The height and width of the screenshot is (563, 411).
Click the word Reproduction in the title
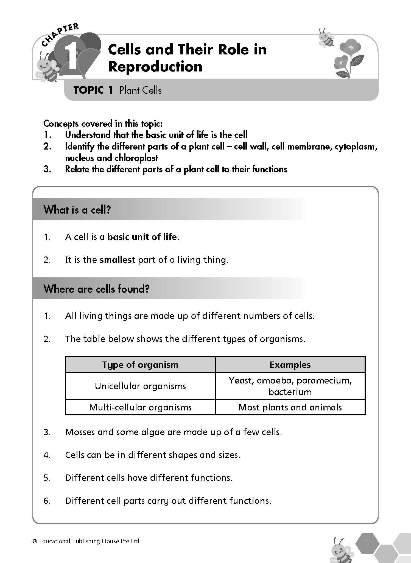[155, 67]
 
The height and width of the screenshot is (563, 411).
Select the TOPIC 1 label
[93, 90]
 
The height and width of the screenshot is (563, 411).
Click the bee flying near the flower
[326, 38]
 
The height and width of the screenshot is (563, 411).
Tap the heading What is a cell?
[77, 210]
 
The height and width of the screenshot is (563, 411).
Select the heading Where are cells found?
[96, 289]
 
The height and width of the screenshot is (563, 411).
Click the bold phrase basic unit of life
[142, 237]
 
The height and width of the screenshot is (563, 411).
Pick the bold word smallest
[117, 260]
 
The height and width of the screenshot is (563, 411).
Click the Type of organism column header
[140, 365]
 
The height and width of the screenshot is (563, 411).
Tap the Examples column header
[290, 365]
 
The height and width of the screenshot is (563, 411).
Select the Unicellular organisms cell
[140, 386]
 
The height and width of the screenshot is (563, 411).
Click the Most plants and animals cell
[290, 407]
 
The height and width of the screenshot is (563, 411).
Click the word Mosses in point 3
[80, 432]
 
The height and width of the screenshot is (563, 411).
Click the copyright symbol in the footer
[35, 542]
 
